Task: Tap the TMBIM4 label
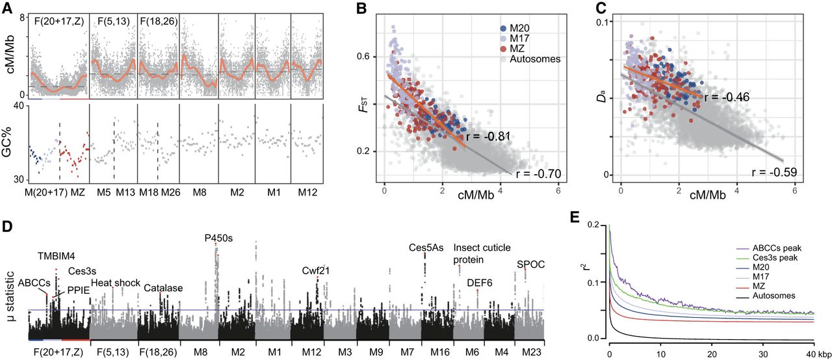point(57,256)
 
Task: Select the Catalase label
point(163,287)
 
